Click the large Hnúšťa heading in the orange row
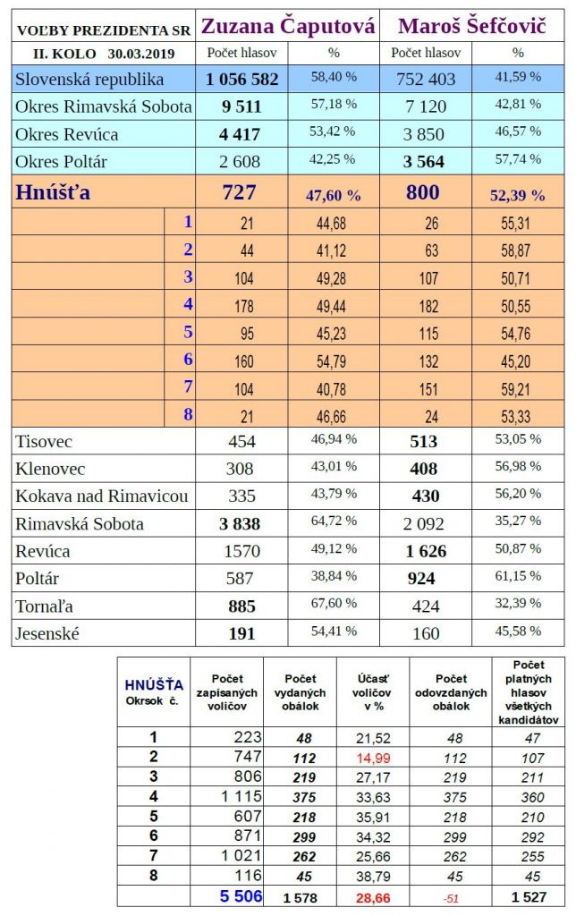click(x=53, y=192)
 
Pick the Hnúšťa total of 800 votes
click(x=422, y=192)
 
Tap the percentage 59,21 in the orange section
click(x=518, y=388)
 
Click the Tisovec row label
click(x=44, y=441)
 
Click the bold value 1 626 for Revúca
click(x=422, y=552)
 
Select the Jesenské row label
click(x=48, y=633)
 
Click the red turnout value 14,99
click(x=371, y=756)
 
